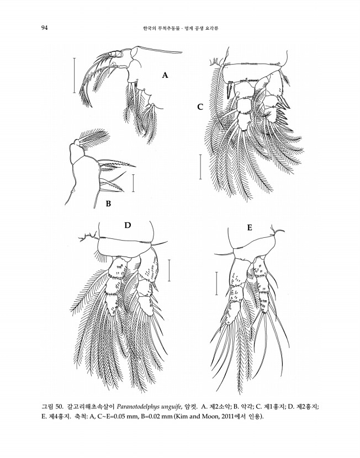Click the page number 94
point(44,28)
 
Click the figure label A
point(165,76)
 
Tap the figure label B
point(108,204)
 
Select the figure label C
point(200,107)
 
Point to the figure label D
point(128,225)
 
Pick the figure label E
point(250,228)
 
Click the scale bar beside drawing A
point(74,76)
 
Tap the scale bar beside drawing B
point(133,183)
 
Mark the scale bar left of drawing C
point(200,167)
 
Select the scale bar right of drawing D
point(169,270)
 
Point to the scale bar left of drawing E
point(216,283)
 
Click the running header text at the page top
point(181,28)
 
